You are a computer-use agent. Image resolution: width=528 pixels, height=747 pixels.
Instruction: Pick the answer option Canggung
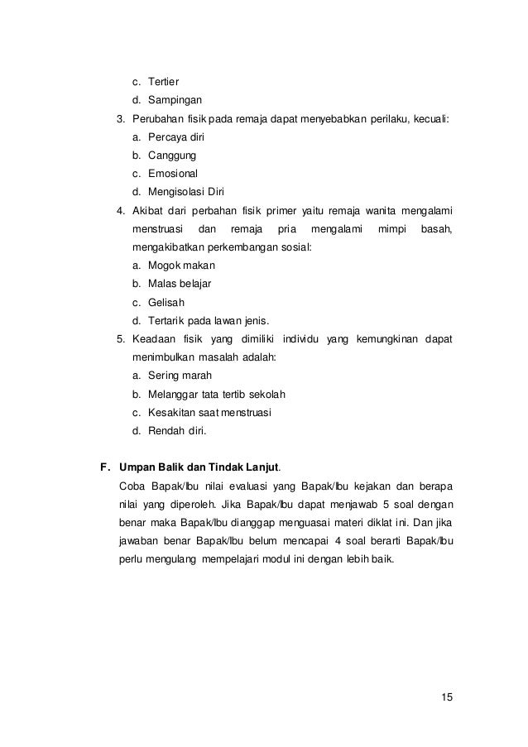point(172,155)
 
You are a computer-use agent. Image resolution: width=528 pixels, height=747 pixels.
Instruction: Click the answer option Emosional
point(173,173)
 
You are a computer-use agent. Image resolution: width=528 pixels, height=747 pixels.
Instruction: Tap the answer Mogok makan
point(180,266)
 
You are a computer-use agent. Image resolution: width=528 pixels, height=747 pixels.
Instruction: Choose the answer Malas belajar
point(180,284)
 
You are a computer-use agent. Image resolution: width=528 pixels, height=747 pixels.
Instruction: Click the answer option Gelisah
point(166,302)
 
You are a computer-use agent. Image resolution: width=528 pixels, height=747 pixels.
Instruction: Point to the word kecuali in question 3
point(429,118)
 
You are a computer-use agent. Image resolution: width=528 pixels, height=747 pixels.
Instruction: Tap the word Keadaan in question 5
point(154,339)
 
